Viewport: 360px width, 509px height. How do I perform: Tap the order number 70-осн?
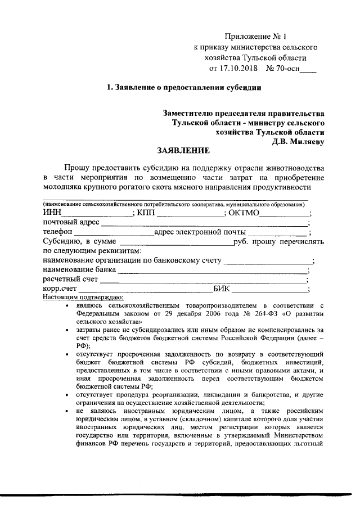285,69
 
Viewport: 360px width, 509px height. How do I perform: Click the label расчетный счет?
71,280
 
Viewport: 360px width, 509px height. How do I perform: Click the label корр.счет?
60,289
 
